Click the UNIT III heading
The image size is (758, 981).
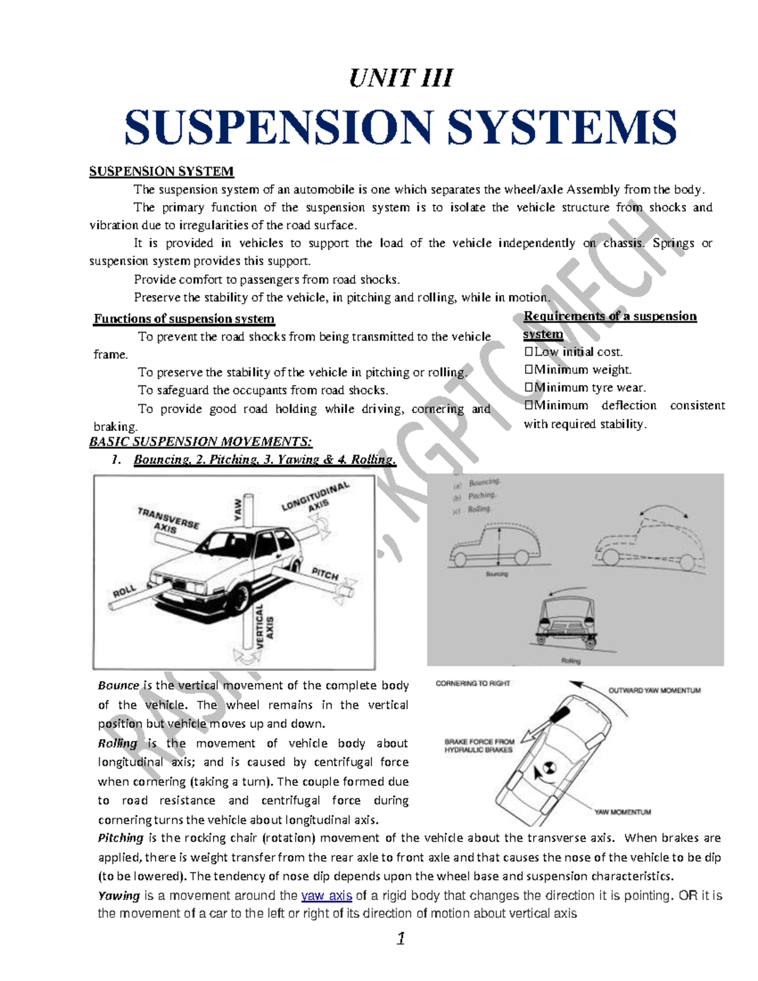(400, 78)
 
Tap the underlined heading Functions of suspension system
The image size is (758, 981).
(184, 318)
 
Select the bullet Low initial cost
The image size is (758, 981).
(574, 352)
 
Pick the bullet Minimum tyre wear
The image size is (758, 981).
(585, 387)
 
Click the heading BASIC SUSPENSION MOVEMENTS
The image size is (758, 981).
(200, 442)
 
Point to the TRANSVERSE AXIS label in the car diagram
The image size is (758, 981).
(167, 520)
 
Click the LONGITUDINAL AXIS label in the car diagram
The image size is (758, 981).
(316, 498)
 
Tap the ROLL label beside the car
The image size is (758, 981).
(124, 591)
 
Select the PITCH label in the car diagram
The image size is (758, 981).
(325, 574)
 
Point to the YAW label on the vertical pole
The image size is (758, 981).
(238, 509)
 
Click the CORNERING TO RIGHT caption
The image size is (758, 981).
(472, 683)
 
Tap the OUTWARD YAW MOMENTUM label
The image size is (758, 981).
(654, 690)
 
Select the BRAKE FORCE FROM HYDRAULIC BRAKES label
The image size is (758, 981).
(479, 746)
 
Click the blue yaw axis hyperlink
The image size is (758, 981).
(327, 895)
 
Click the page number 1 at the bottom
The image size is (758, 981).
(400, 939)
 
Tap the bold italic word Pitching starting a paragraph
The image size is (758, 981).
(121, 838)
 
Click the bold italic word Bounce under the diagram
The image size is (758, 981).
(118, 685)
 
